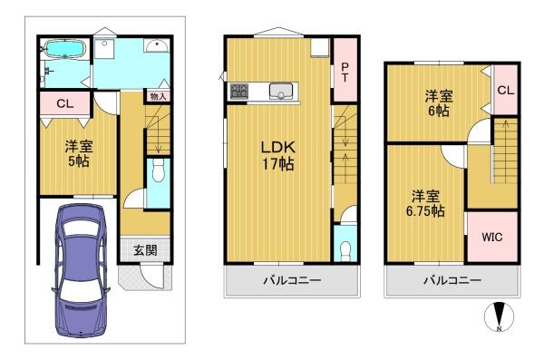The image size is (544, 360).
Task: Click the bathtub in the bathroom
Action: (65, 49)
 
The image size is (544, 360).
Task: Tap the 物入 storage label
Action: (158, 96)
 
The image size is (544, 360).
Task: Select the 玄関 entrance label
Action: (145, 250)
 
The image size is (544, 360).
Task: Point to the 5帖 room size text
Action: (78, 161)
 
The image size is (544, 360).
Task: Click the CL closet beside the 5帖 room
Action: (65, 103)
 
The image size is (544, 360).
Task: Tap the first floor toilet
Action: (158, 170)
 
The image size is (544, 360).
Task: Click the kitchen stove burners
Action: (239, 91)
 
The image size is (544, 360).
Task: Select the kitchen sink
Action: (281, 92)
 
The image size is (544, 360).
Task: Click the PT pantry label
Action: (345, 73)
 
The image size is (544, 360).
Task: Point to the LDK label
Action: (278, 148)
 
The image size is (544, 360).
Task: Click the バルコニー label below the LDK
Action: (292, 280)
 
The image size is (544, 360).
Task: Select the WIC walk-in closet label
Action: (492, 237)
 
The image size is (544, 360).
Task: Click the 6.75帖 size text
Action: (425, 211)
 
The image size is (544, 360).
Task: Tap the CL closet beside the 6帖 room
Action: (506, 91)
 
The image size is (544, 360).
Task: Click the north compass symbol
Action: (500, 316)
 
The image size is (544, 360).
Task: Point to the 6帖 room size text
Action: (439, 112)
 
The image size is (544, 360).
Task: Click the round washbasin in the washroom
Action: (157, 45)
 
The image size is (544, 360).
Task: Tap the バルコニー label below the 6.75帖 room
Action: (452, 280)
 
